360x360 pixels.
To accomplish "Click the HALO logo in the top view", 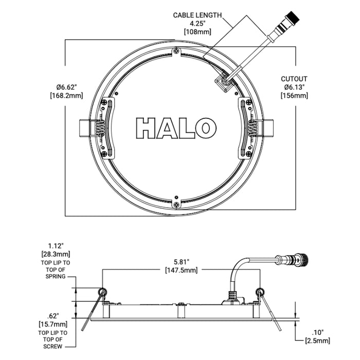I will [x=175, y=128].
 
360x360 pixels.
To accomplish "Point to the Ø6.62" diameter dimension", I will [x=66, y=86].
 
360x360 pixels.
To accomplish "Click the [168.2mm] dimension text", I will [x=66, y=96].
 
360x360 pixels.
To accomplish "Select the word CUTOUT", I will [x=294, y=79].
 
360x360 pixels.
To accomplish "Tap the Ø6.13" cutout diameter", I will [x=294, y=87].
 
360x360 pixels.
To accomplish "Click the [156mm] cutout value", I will [x=294, y=96].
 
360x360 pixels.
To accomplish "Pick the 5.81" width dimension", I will [x=180, y=261].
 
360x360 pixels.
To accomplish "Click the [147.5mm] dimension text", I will [x=180, y=270].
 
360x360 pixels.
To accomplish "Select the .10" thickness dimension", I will [x=317, y=332].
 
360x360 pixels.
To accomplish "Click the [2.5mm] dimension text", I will [x=317, y=340].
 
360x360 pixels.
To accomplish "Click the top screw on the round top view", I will [x=176, y=50].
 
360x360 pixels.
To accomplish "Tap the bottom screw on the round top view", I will [x=176, y=205].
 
